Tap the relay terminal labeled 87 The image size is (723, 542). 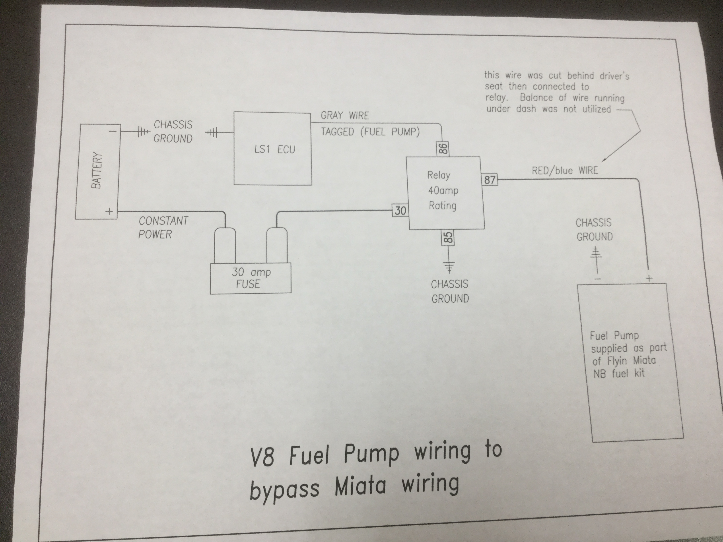490,180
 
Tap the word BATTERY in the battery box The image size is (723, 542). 97,170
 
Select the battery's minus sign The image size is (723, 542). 113,131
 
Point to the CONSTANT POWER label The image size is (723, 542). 163,227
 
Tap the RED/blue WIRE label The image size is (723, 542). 565,170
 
